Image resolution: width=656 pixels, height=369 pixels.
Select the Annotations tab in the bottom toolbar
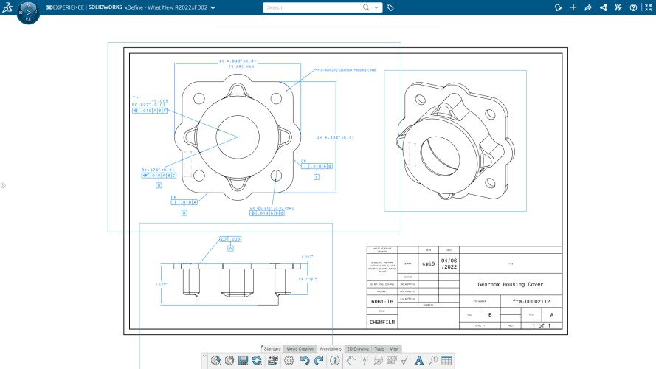click(331, 348)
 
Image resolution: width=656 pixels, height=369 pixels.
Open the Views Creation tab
click(300, 348)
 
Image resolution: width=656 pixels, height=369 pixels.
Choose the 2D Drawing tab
click(357, 348)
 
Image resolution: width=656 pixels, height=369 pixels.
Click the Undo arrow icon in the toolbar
click(304, 360)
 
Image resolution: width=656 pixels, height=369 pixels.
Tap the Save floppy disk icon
click(243, 360)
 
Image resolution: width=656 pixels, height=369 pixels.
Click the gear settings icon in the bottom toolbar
click(289, 360)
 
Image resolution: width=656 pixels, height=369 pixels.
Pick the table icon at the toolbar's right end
click(446, 360)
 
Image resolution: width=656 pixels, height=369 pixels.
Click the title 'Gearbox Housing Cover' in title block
click(510, 284)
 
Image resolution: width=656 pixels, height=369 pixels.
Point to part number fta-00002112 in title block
click(525, 302)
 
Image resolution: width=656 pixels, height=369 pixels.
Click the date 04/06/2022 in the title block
click(449, 264)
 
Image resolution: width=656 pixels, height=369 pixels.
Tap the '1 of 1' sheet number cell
click(541, 325)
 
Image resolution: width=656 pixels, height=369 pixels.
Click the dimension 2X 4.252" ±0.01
click(336, 137)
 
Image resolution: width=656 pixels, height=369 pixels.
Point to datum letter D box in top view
click(159, 185)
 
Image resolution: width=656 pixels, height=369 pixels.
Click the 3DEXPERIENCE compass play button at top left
click(28, 13)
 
